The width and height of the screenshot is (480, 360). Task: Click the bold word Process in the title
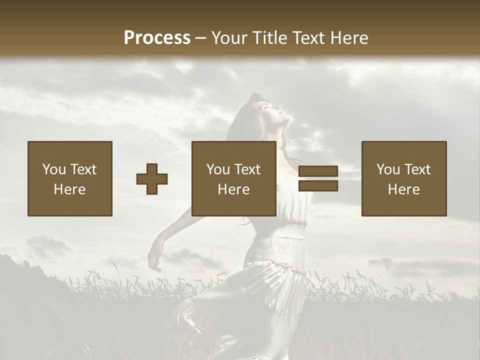[157, 38]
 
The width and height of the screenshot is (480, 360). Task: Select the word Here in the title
[350, 38]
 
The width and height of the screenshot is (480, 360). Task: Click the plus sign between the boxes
[152, 178]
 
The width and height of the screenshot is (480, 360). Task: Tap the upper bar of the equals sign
[318, 171]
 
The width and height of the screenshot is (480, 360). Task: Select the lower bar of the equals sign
[318, 186]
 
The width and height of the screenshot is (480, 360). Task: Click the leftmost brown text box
[70, 178]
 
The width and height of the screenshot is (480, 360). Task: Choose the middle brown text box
[234, 178]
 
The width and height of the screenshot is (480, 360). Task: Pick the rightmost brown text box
[404, 178]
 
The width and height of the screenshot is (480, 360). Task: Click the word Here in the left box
[70, 189]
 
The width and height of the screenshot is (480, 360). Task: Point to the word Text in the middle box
[247, 169]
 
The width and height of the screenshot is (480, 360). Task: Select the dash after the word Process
[201, 38]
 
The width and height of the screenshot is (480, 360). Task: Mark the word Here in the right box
[404, 189]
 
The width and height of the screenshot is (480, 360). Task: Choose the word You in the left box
[54, 169]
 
